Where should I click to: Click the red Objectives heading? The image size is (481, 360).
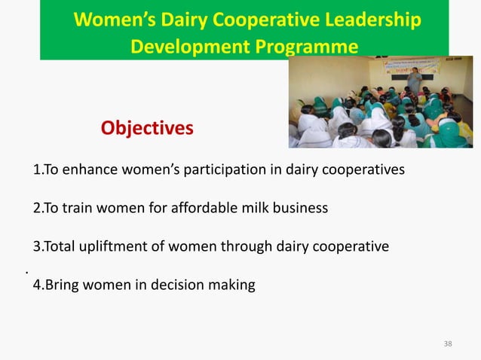point(147,128)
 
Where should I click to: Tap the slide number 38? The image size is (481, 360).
point(448,344)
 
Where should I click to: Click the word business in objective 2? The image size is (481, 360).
point(301,208)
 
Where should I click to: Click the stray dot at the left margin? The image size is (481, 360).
point(26,270)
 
